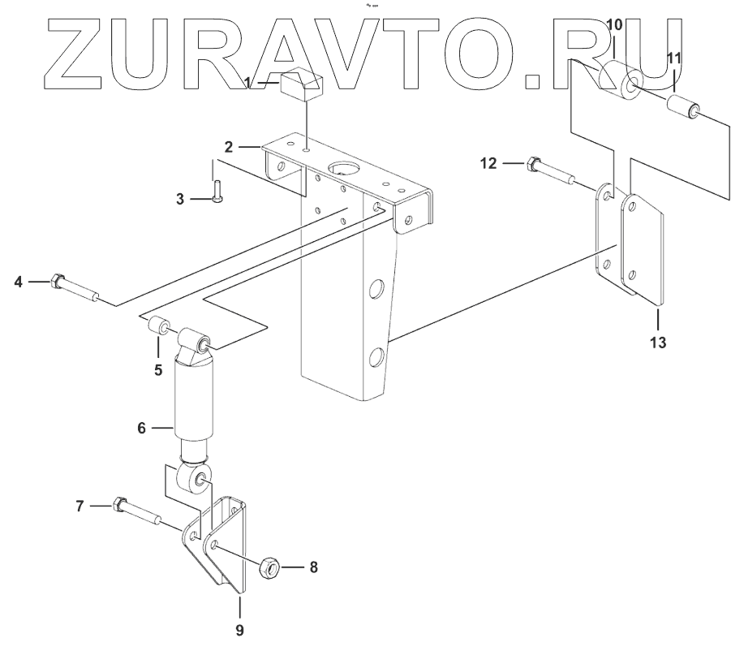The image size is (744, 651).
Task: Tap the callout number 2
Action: [230, 147]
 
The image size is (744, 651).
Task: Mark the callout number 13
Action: [658, 342]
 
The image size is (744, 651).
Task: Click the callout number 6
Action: [141, 427]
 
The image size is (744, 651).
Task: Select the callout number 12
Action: [488, 164]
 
